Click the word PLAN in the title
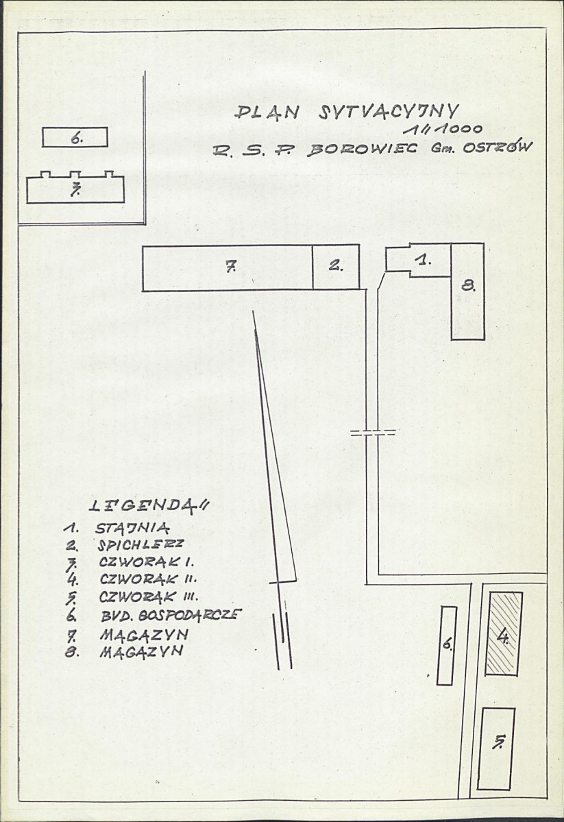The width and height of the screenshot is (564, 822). coord(267,112)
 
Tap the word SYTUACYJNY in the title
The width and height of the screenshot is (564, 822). coord(389,112)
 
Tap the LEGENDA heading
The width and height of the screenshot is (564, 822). coord(148,505)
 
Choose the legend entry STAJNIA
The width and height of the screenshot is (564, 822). coord(133,528)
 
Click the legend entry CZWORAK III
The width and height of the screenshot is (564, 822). coord(148,596)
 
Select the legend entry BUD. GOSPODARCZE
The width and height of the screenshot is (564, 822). coord(171,615)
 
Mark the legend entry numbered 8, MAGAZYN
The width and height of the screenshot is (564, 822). coord(124,651)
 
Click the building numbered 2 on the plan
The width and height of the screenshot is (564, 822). coord(336,266)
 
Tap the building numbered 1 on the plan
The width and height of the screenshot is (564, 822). coord(418,260)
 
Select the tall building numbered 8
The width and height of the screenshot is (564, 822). coord(467,291)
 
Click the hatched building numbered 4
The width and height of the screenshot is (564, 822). coord(503,633)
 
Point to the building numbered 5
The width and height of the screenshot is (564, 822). coord(496,749)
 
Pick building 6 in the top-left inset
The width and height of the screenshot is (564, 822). coord(75,137)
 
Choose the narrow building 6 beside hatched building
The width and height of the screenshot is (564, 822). coord(446,645)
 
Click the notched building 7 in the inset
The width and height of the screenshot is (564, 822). coord(75,188)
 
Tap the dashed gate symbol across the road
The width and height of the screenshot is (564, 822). coord(373,433)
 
